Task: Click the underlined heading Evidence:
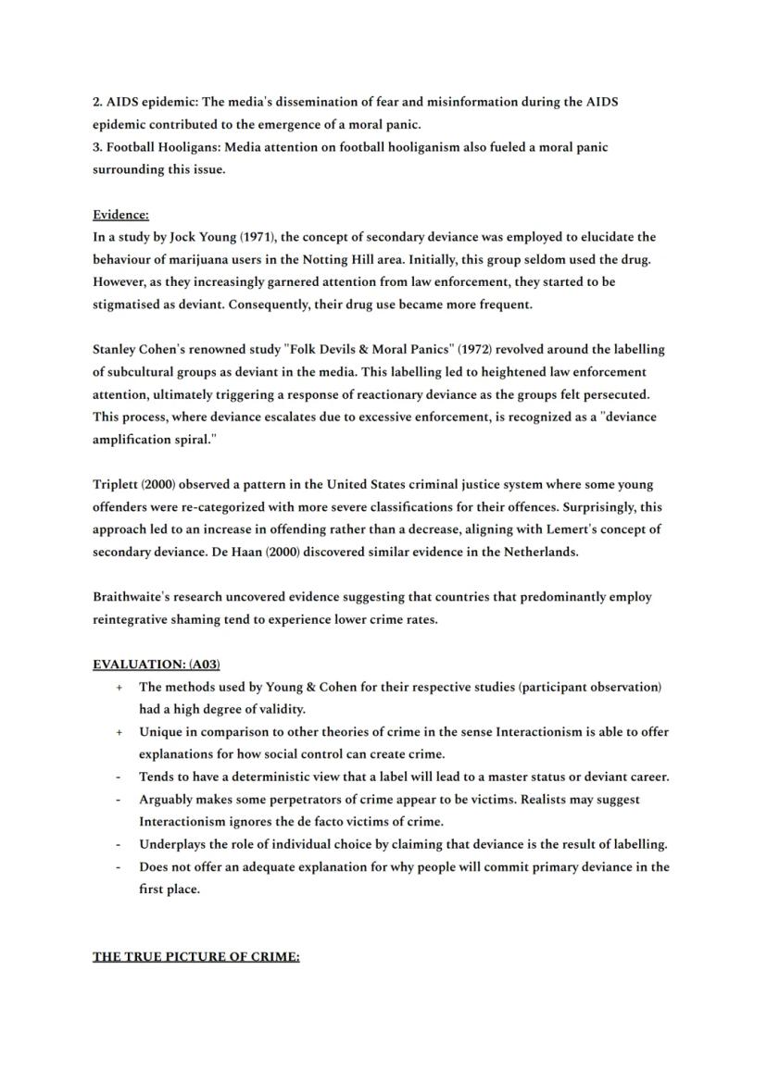pyautogui.click(x=120, y=215)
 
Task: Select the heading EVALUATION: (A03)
pyautogui.click(x=156, y=665)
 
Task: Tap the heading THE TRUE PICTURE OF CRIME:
pyautogui.click(x=195, y=957)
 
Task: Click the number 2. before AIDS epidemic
pyautogui.click(x=97, y=102)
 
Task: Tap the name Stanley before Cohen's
pyautogui.click(x=118, y=350)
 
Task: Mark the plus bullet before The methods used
pyautogui.click(x=119, y=688)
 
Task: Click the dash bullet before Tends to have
pyautogui.click(x=119, y=777)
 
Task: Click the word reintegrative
pyautogui.click(x=137, y=620)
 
